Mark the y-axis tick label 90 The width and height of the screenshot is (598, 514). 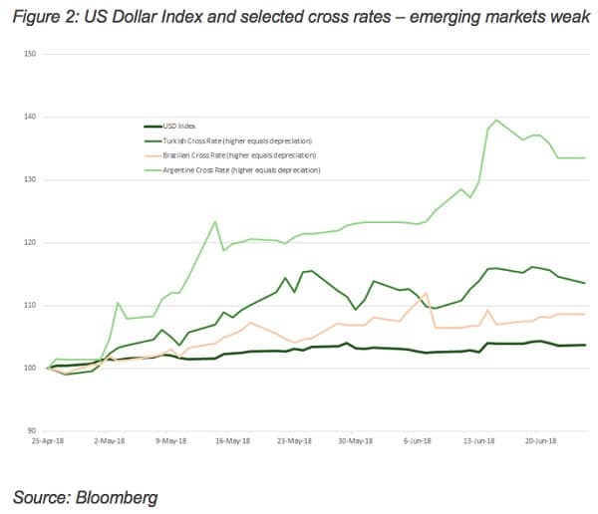tap(30, 430)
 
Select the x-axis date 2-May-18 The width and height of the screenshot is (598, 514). tap(110, 439)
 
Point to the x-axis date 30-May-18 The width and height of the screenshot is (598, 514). tap(354, 439)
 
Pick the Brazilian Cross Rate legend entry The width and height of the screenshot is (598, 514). tap(238, 155)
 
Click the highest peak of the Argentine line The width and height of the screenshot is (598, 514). tap(496, 121)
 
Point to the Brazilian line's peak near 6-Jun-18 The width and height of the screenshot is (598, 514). tap(426, 293)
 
